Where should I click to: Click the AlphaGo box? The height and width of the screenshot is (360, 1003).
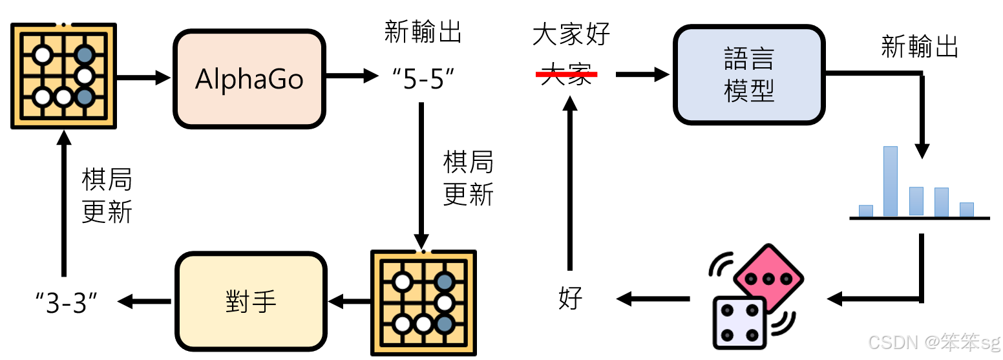pyautogui.click(x=249, y=78)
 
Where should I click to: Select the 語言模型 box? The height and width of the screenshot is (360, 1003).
pyautogui.click(x=749, y=76)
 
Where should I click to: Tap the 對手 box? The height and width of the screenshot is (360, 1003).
pyautogui.click(x=251, y=301)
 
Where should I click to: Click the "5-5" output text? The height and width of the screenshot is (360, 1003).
pyautogui.click(x=423, y=78)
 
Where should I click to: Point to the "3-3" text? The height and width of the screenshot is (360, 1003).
pyautogui.click(x=70, y=302)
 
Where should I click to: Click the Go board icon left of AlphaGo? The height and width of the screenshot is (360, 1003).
pyautogui.click(x=63, y=75)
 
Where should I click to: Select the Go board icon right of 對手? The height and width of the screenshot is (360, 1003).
pyautogui.click(x=423, y=302)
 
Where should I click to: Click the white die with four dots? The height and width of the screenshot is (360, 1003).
pyautogui.click(x=738, y=323)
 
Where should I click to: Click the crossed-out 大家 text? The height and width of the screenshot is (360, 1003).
pyautogui.click(x=567, y=75)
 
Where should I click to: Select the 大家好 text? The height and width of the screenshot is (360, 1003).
pyautogui.click(x=571, y=34)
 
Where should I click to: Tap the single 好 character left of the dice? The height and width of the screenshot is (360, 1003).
pyautogui.click(x=570, y=299)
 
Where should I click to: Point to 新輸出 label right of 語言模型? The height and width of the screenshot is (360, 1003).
pyautogui.click(x=920, y=47)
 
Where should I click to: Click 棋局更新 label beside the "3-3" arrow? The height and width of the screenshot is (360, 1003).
pyautogui.click(x=107, y=196)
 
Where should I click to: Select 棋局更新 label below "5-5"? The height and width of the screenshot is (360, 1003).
pyautogui.click(x=468, y=178)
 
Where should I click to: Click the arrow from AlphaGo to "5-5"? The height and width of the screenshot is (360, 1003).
pyautogui.click(x=352, y=77)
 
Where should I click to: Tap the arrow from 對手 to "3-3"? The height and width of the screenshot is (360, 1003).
pyautogui.click(x=144, y=301)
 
